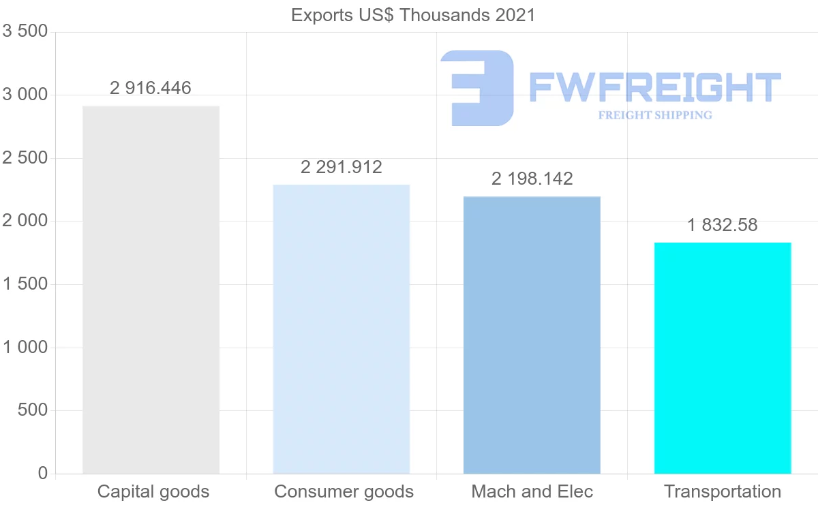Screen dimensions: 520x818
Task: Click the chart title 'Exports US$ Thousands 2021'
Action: (413, 15)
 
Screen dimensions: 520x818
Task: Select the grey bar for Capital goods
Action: (151, 290)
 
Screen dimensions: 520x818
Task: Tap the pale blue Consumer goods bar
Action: (341, 329)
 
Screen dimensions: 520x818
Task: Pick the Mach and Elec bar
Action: (532, 335)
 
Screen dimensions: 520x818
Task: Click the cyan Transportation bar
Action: (723, 358)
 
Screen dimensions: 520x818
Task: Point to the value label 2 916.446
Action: (151, 88)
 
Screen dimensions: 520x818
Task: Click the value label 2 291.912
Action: (341, 167)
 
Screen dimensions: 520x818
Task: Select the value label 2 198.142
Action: (532, 179)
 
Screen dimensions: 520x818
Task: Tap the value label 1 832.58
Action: (723, 225)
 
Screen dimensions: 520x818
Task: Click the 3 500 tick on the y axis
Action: (25, 32)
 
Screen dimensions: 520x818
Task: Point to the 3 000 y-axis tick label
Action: (25, 95)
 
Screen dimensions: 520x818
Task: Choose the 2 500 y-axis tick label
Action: (25, 158)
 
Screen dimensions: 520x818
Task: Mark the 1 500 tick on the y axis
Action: (25, 284)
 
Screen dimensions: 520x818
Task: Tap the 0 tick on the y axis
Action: (43, 474)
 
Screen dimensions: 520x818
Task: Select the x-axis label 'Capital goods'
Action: (153, 491)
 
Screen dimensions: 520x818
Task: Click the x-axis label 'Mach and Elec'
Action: (532, 491)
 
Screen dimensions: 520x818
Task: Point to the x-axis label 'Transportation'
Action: (723, 491)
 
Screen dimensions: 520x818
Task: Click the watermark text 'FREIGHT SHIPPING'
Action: (655, 115)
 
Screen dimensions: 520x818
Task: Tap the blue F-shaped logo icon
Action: (477, 88)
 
